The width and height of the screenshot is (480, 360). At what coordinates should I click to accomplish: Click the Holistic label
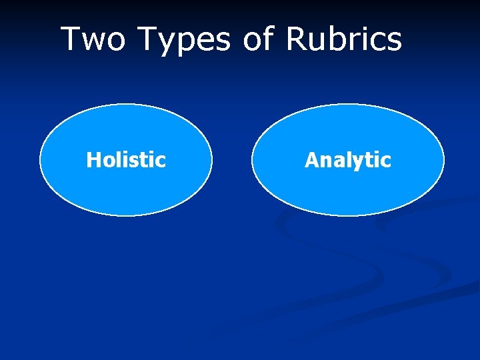tap(126, 160)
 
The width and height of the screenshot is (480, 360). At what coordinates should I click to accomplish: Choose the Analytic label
tap(347, 160)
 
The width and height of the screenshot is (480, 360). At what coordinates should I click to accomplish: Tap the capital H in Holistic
tap(93, 160)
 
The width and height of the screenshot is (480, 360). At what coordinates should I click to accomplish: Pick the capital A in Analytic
tap(311, 160)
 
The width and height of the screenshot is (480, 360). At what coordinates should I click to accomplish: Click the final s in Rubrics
tap(394, 41)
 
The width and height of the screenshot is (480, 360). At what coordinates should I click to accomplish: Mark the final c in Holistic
tap(161, 161)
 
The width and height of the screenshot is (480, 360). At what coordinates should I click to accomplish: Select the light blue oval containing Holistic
tap(126, 193)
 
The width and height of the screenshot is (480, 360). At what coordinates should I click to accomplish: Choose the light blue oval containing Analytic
tap(347, 193)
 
